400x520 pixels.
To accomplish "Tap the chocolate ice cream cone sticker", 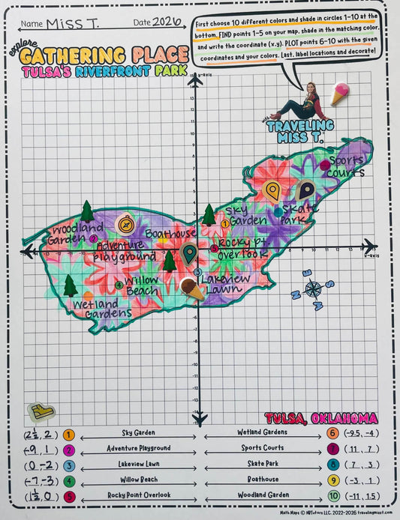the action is pyautogui.click(x=192, y=288).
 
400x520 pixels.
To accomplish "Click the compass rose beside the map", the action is pyautogui.click(x=313, y=288).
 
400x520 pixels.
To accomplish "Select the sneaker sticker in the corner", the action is pyautogui.click(x=40, y=411).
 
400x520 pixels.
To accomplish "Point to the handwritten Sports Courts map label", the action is pyautogui.click(x=346, y=166).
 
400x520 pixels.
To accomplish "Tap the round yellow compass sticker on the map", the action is pyautogui.click(x=125, y=223).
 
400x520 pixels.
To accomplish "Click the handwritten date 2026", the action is pyautogui.click(x=167, y=22).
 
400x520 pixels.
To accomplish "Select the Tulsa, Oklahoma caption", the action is pyautogui.click(x=320, y=417).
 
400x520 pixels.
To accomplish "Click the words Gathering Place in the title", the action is pyautogui.click(x=105, y=55).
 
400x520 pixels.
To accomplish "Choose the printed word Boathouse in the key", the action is pyautogui.click(x=262, y=480).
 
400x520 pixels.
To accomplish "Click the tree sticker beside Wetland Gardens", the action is pyautogui.click(x=71, y=285).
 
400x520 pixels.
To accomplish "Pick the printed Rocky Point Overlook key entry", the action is pyautogui.click(x=138, y=495).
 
